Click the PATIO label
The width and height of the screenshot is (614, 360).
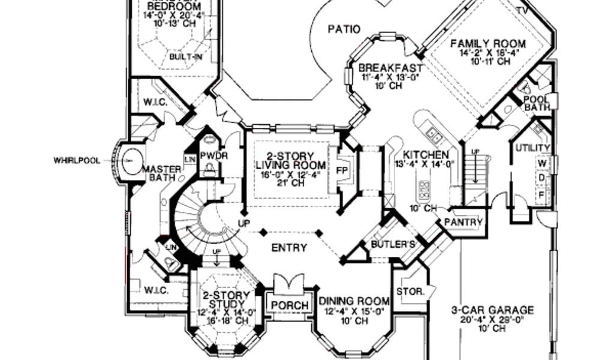click(344, 28)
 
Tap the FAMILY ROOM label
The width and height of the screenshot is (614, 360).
click(488, 44)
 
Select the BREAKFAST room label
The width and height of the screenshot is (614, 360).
click(390, 68)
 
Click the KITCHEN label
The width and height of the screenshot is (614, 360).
click(426, 154)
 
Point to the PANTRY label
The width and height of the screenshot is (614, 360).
click(463, 222)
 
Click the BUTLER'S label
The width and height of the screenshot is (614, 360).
click(393, 244)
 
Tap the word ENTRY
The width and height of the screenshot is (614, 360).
click(289, 247)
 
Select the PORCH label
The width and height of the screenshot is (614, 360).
click(290, 305)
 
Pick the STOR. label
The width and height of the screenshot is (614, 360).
click(411, 292)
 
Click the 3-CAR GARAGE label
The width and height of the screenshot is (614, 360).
click(492, 310)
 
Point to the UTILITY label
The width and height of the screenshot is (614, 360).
click(533, 148)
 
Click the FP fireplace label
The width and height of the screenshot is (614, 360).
click(342, 169)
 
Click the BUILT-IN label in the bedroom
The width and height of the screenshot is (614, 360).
click(185, 57)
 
